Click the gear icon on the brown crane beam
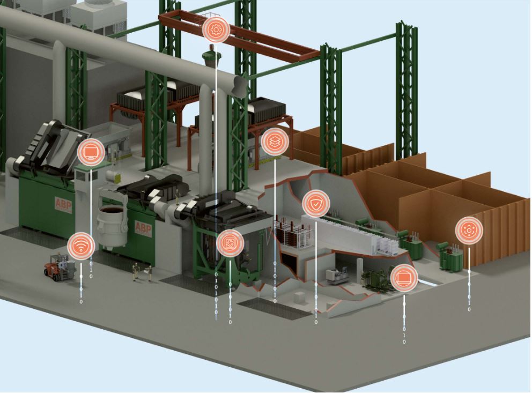[216, 29]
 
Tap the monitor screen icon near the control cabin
[91, 152]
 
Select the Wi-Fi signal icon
[81, 246]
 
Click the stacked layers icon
[275, 142]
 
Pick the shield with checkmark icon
[316, 204]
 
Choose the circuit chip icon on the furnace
[231, 243]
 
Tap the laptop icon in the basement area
[404, 278]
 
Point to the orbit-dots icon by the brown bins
[469, 231]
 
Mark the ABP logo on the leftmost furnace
[63, 205]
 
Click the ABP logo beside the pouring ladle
[143, 227]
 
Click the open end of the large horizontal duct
[239, 86]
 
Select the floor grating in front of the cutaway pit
[274, 308]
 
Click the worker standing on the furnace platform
[177, 197]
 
